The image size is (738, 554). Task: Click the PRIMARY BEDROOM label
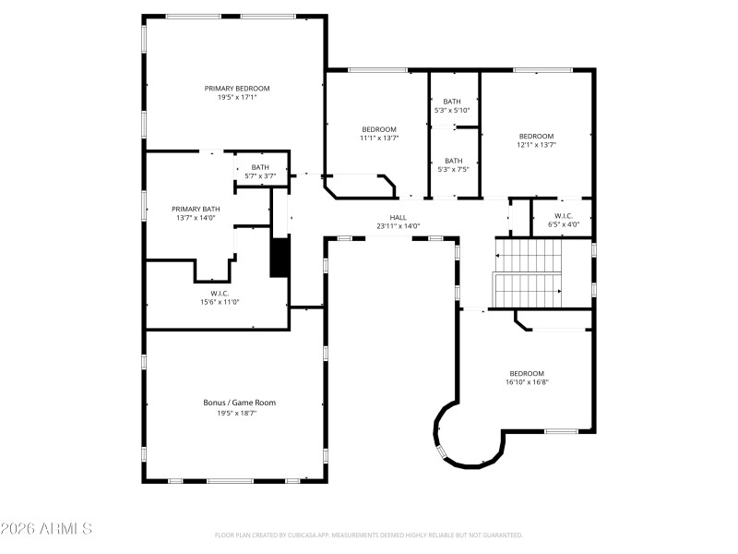click(237, 88)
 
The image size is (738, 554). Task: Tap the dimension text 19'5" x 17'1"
click(237, 97)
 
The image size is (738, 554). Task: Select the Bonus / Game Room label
click(239, 403)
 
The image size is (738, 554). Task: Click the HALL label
click(398, 217)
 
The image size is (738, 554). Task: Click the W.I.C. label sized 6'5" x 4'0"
click(563, 215)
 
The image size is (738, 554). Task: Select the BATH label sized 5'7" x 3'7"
click(260, 167)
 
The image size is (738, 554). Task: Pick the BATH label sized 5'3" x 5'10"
click(452, 102)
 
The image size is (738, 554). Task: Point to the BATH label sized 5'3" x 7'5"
click(453, 161)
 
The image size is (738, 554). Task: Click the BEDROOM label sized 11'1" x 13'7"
click(378, 129)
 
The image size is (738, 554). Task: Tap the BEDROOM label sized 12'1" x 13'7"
click(535, 136)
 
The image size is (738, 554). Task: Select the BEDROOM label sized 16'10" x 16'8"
click(527, 373)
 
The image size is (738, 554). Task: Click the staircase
click(530, 273)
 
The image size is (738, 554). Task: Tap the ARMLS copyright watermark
click(46, 530)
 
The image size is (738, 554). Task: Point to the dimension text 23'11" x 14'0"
click(398, 226)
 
